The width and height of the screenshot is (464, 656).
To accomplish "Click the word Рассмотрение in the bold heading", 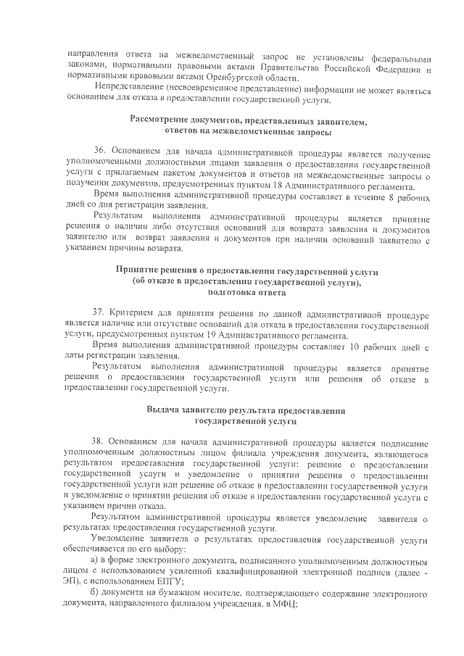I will tap(163, 120).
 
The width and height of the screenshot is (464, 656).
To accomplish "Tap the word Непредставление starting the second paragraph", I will tap(127, 89).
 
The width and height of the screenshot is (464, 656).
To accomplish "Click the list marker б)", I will tap(94, 595).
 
